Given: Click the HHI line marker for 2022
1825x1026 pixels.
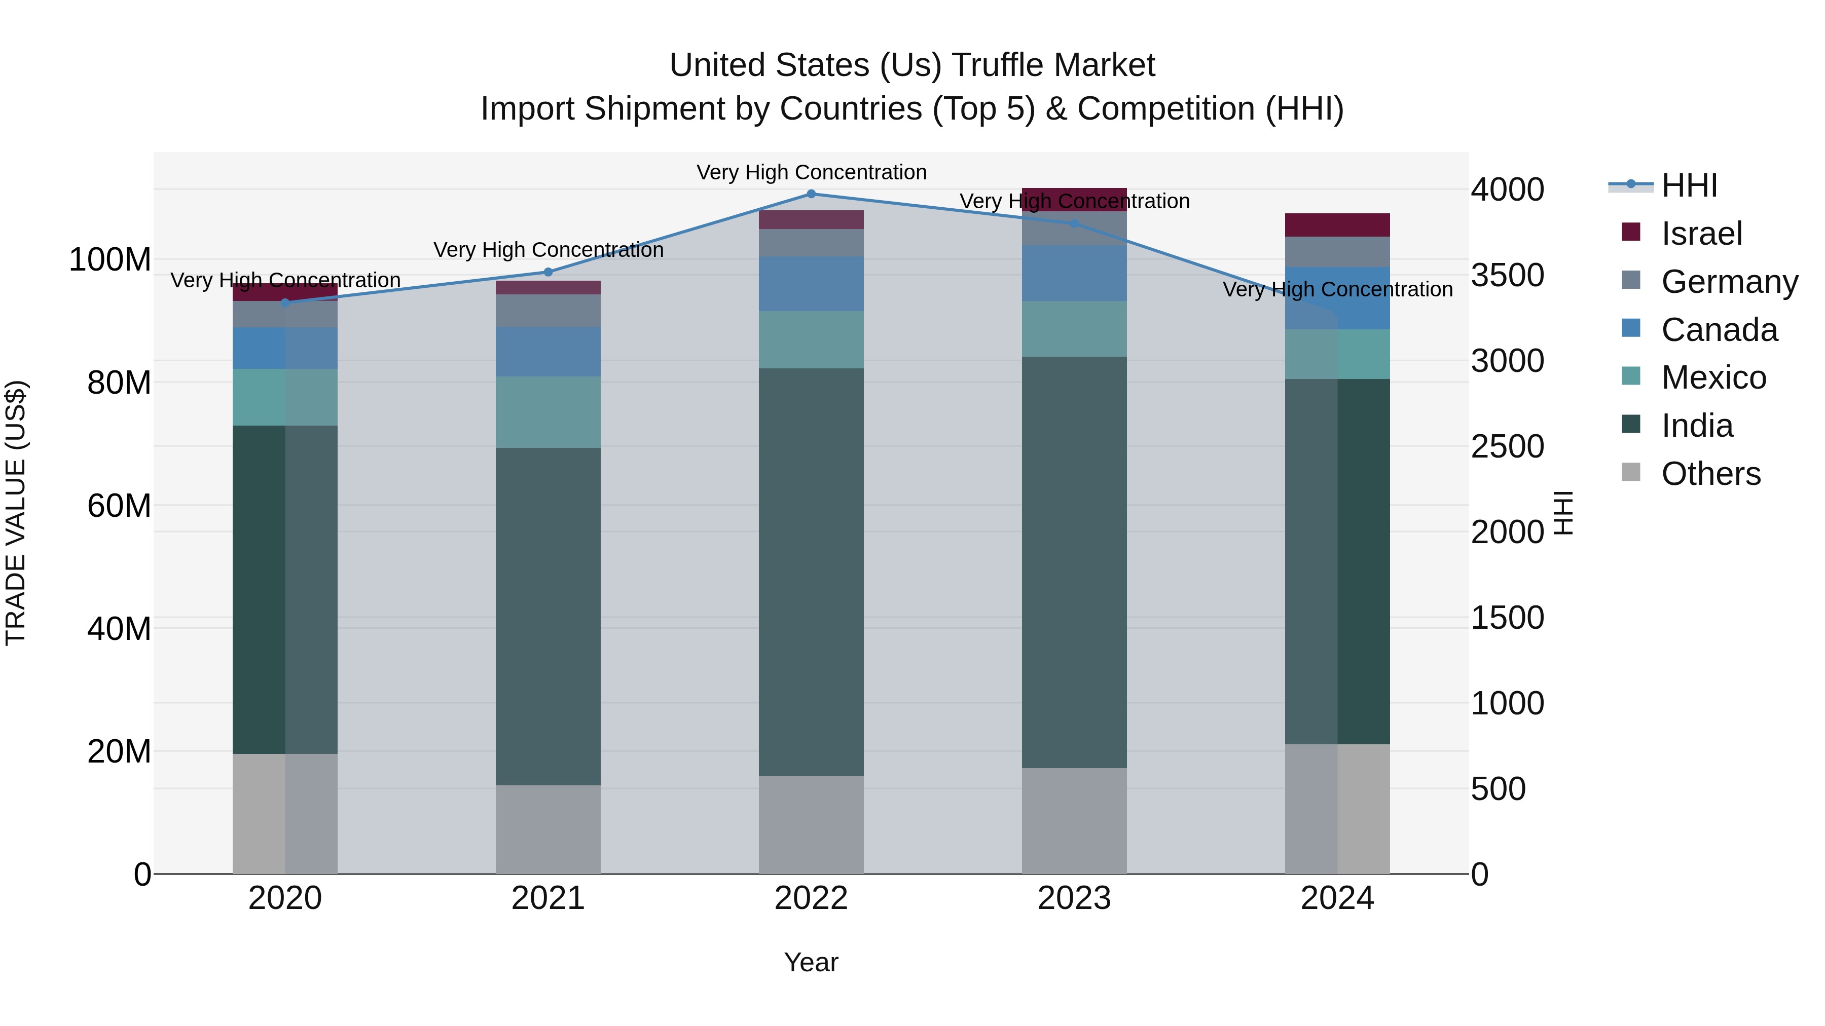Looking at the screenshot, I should (x=811, y=194).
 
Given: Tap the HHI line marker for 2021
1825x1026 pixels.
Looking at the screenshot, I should (x=547, y=272).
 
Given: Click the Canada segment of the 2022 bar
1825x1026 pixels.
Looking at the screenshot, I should (x=811, y=283).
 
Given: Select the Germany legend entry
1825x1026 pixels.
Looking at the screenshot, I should (x=1729, y=282).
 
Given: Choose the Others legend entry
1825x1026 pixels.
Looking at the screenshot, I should (x=1710, y=474).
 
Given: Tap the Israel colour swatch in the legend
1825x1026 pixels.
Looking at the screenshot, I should (x=1631, y=232).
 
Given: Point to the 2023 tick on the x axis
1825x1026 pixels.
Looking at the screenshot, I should (x=1074, y=898).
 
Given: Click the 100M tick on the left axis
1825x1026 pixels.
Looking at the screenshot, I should (x=110, y=260).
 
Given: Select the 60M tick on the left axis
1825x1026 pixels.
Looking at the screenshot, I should (x=119, y=506).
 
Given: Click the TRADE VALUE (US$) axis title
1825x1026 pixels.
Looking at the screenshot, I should (x=16, y=513).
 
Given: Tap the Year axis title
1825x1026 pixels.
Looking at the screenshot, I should (x=811, y=962).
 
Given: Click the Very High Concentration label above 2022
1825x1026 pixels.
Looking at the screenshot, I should (x=811, y=172).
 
